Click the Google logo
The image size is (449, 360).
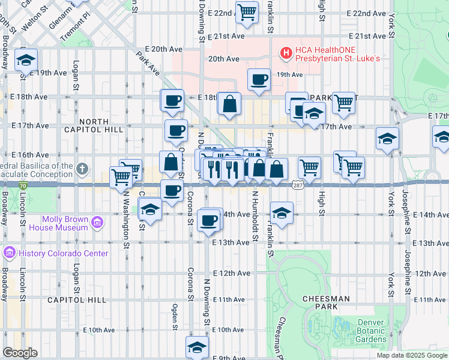pos(20,353)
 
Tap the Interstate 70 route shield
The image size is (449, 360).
pos(22,187)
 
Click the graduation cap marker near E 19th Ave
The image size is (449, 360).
pos(26,60)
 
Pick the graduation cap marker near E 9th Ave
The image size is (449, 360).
pos(197,347)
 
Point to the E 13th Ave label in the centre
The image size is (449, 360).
pos(231,242)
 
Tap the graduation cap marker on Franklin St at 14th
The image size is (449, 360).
pos(281,212)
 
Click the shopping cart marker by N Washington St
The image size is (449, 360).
pos(121,176)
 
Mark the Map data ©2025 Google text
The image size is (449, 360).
pos(411,355)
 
